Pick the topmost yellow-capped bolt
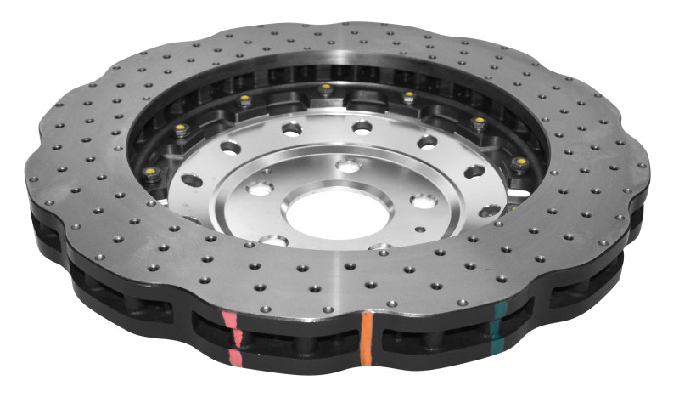click(324, 88)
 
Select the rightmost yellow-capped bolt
click(520, 162)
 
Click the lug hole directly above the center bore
click(348, 165)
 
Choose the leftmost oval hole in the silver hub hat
click(192, 180)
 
